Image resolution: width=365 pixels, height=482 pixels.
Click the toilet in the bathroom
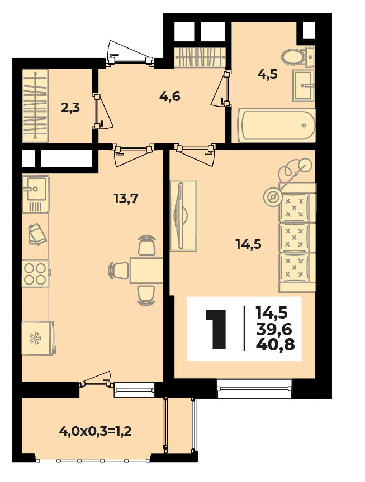pyautogui.click(x=297, y=56)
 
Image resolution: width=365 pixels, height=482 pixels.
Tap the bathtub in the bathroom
pyautogui.click(x=277, y=126)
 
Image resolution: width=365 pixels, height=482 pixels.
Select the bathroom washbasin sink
pyautogui.click(x=304, y=85)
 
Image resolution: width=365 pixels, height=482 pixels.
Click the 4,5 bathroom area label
pyautogui.click(x=267, y=74)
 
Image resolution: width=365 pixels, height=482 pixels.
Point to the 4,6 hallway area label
pyautogui.click(x=169, y=97)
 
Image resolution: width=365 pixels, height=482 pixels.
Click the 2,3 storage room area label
pyautogui.click(x=70, y=108)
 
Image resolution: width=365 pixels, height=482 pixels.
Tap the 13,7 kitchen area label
pyautogui.click(x=126, y=199)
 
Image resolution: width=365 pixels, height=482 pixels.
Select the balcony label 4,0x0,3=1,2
pyautogui.click(x=95, y=431)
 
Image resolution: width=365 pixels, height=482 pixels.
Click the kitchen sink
pyautogui.click(x=35, y=194)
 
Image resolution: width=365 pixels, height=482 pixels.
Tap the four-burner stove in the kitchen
pyautogui.click(x=35, y=273)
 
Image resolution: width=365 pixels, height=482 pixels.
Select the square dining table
pyautogui.click(x=146, y=271)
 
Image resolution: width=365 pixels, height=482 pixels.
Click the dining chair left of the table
pyautogui.click(x=118, y=271)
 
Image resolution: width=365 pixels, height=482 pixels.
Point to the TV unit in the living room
pyautogui.click(x=183, y=215)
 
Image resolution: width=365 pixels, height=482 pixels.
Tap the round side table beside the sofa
pyautogui.click(x=273, y=196)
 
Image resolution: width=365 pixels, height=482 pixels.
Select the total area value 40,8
pyautogui.click(x=275, y=344)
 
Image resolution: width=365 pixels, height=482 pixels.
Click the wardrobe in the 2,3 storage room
pyautogui.click(x=35, y=105)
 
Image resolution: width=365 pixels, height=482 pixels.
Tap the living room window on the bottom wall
pyautogui.click(x=254, y=388)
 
